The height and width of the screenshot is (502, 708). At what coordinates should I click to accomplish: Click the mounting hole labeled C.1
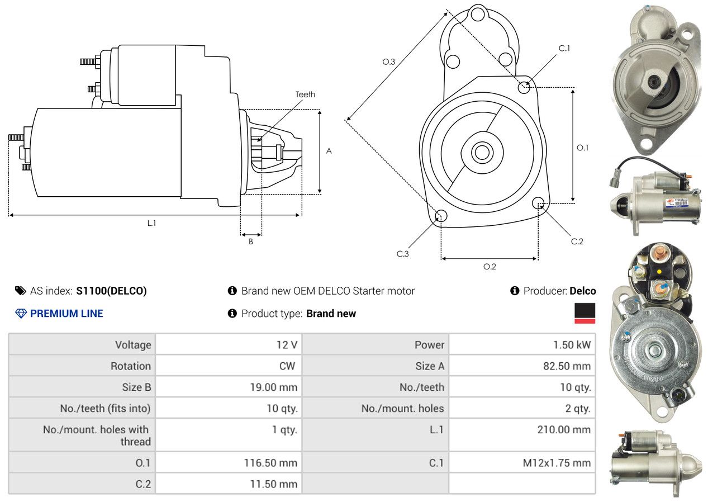pyautogui.click(x=524, y=87)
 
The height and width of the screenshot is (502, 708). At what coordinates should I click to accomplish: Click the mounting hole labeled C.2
pyautogui.click(x=539, y=202)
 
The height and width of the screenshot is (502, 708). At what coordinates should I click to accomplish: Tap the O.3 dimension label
pyautogui.click(x=389, y=62)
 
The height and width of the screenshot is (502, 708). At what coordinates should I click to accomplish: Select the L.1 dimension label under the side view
pyautogui.click(x=151, y=223)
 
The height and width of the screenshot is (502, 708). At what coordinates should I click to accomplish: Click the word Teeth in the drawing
pyautogui.click(x=305, y=94)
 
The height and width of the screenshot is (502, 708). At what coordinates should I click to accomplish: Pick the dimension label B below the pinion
pyautogui.click(x=251, y=241)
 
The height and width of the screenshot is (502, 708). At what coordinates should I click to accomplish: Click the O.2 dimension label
pyautogui.click(x=490, y=267)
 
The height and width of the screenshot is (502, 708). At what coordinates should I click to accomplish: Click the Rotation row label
pyautogui.click(x=130, y=366)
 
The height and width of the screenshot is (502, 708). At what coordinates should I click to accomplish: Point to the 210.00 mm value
pyautogui.click(x=564, y=430)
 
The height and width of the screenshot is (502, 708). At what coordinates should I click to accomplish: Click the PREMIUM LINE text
pyautogui.click(x=66, y=314)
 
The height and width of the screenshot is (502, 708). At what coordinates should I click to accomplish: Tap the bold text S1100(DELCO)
pyautogui.click(x=112, y=291)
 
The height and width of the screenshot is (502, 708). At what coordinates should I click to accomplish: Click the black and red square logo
pyautogui.click(x=585, y=313)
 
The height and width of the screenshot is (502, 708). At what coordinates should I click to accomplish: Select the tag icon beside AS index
pyautogui.click(x=20, y=291)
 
